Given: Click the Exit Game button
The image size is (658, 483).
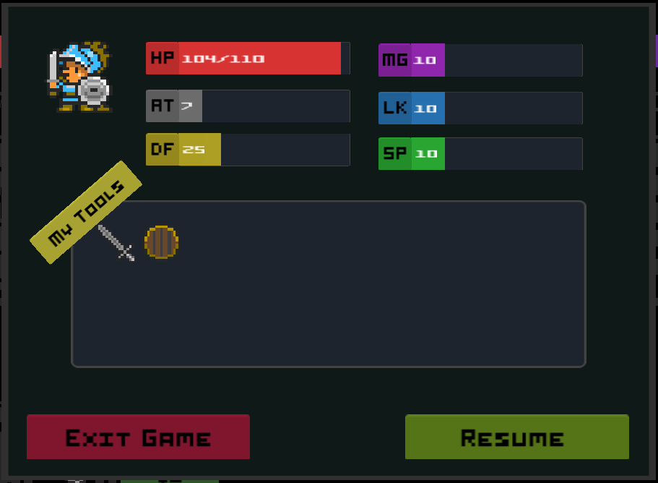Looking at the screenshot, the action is (x=138, y=437).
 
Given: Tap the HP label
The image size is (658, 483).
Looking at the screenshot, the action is (x=163, y=58).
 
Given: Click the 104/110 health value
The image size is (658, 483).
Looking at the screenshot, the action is (x=222, y=59).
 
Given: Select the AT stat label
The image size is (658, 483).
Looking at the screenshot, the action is (x=163, y=106).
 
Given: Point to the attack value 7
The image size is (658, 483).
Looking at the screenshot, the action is (x=186, y=106).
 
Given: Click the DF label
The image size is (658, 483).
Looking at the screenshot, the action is (x=163, y=149).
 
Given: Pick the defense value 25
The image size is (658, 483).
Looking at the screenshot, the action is (x=194, y=150).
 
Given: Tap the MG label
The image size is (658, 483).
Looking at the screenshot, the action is (x=395, y=60).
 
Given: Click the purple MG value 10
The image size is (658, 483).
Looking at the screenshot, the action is (x=425, y=61).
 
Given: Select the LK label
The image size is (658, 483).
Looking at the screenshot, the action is (x=395, y=108).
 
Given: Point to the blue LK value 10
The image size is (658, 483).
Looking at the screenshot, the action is (x=425, y=108).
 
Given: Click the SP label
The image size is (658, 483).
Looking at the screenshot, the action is (x=395, y=153).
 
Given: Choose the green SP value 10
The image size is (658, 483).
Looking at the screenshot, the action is (x=426, y=154).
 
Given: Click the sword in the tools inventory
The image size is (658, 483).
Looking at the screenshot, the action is (x=116, y=242).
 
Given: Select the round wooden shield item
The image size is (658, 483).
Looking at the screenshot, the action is (x=161, y=242).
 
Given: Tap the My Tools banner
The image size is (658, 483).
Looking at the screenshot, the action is (x=86, y=213).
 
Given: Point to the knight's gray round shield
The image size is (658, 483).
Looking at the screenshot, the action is (x=94, y=90).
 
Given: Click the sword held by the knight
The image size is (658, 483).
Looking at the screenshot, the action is (x=53, y=72).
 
